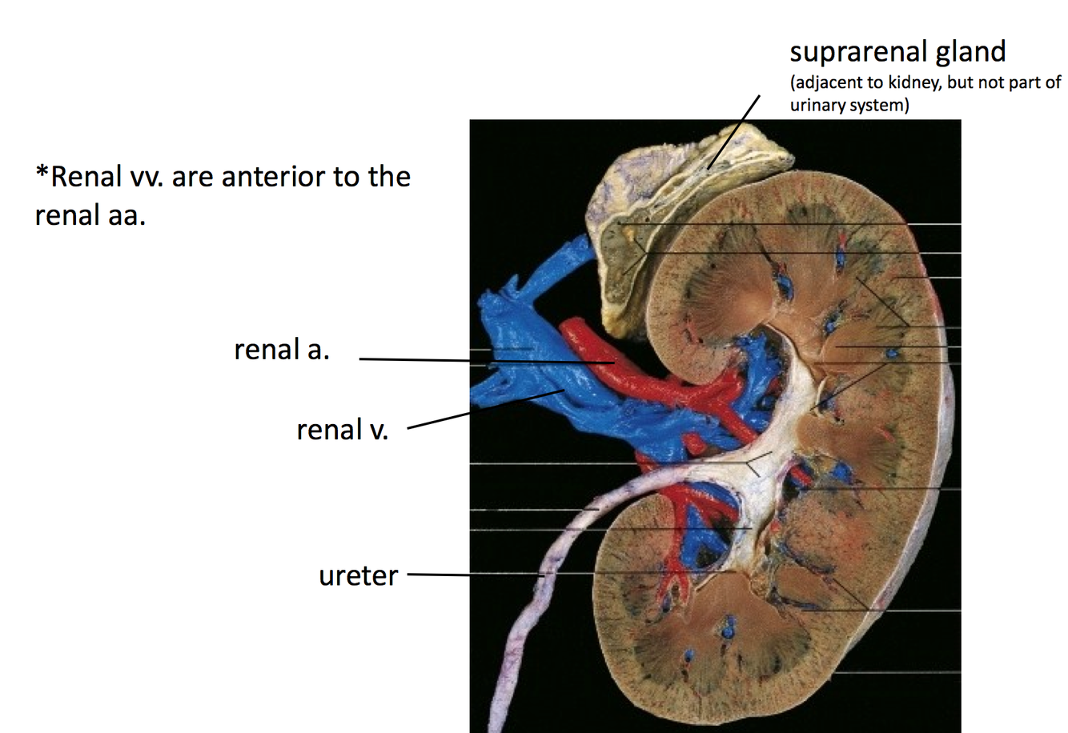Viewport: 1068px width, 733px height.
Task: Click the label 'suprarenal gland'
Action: [x=897, y=52]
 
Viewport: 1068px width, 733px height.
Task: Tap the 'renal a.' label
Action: [x=281, y=350]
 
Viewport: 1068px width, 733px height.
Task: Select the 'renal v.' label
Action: [x=342, y=430]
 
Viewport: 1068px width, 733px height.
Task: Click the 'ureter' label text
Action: [x=358, y=576]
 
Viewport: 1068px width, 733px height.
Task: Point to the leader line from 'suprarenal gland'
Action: [x=733, y=132]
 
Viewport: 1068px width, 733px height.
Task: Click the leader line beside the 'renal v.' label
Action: [x=439, y=421]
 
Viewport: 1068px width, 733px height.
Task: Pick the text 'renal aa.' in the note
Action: [x=90, y=215]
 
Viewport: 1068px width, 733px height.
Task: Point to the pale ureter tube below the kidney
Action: [x=512, y=640]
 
